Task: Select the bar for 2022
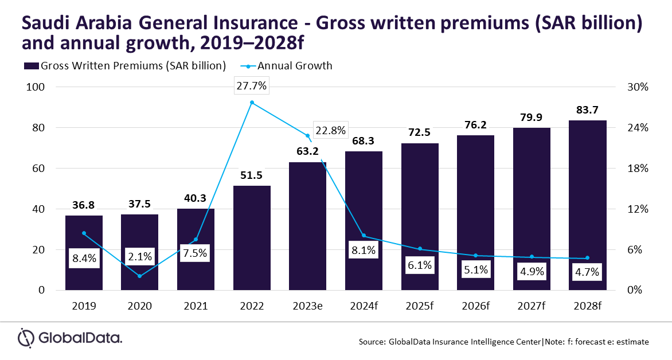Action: (252, 238)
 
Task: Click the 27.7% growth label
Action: (252, 86)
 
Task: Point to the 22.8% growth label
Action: (330, 130)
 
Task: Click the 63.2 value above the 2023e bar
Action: (307, 153)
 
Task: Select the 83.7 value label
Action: (588, 110)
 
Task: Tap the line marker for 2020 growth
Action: (140, 276)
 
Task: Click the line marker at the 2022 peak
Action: (252, 103)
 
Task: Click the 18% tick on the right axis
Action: (638, 169)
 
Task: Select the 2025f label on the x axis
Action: (420, 306)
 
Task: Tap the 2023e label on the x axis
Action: (307, 306)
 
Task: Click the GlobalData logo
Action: (70, 338)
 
